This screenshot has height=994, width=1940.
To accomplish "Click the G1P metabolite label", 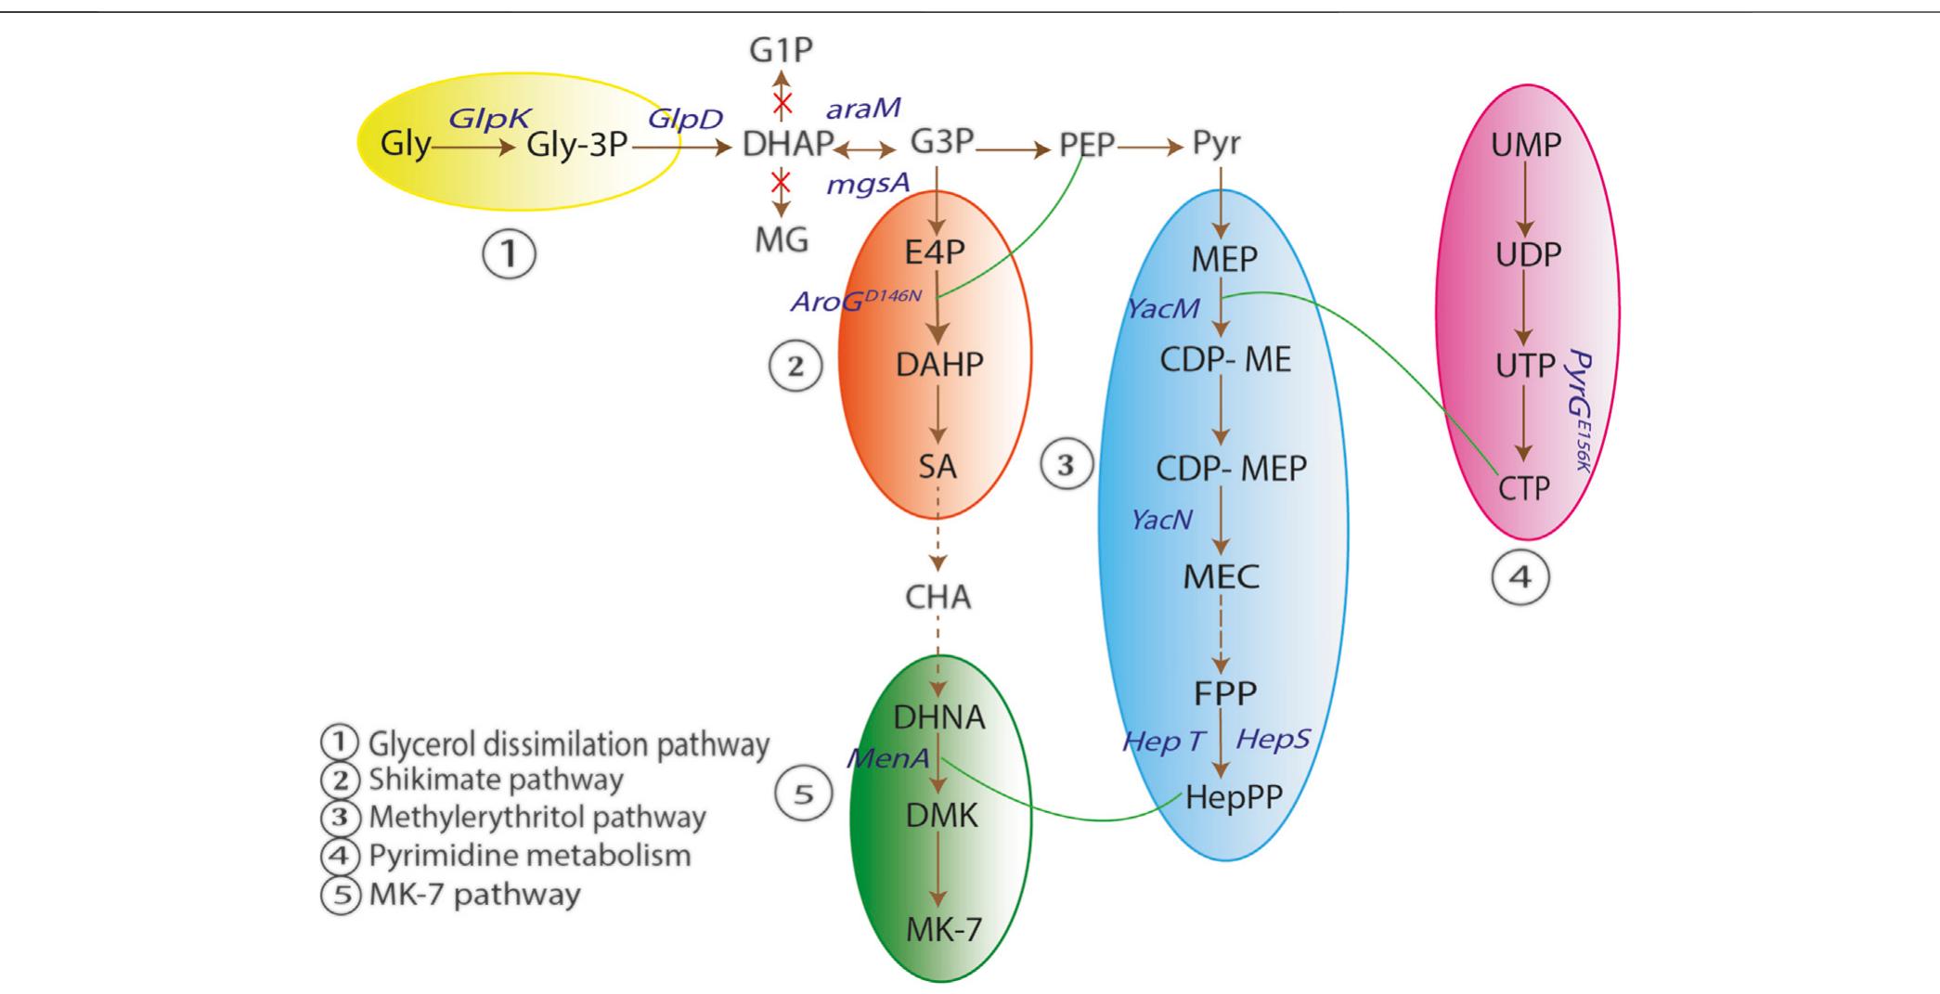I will (x=781, y=50).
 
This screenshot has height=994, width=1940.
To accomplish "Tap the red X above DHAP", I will (x=782, y=100).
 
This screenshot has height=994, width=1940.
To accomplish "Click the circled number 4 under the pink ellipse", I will (x=1520, y=577).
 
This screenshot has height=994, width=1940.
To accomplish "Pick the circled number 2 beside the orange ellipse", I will (x=795, y=366).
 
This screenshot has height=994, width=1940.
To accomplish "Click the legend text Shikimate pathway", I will (x=496, y=780).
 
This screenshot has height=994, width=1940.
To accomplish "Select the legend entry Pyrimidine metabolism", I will (x=529, y=855).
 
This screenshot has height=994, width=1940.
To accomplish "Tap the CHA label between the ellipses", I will (x=938, y=597).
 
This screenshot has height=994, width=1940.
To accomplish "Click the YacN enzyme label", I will (x=1160, y=520).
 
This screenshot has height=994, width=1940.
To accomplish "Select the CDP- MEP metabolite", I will (x=1231, y=468).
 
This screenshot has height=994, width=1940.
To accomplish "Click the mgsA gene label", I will (x=868, y=184).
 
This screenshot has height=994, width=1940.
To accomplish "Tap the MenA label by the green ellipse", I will (x=887, y=758).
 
